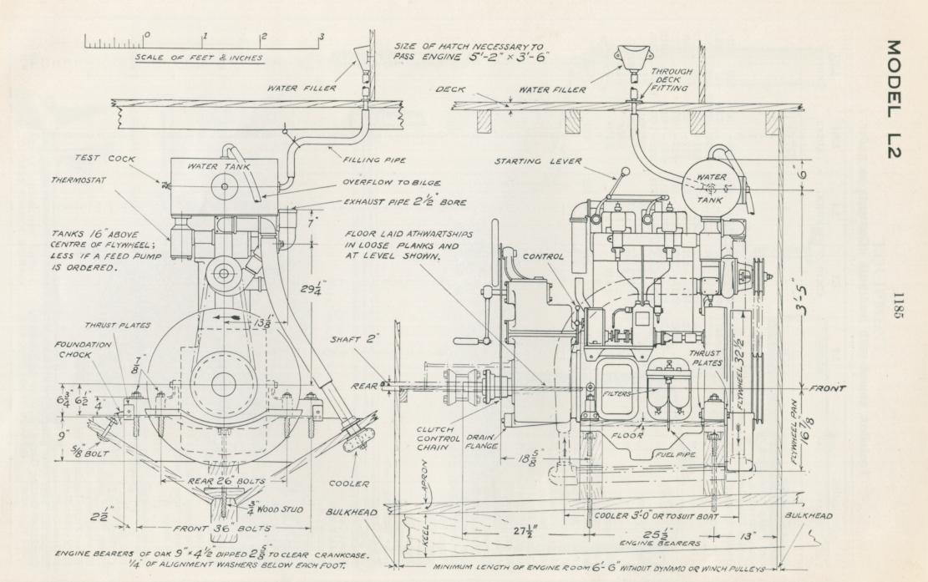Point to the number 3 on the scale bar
click(322, 37)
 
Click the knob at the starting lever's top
click(625, 174)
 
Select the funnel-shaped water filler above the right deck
click(631, 57)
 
